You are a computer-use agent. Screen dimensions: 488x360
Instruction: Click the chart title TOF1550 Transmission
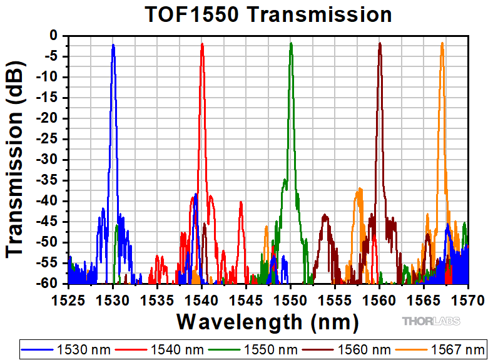coord(268,14)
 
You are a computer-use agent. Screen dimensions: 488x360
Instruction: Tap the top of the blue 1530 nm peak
coord(113,45)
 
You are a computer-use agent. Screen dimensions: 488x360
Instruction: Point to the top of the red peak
coord(202,44)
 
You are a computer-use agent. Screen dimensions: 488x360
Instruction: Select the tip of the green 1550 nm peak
coord(291,43)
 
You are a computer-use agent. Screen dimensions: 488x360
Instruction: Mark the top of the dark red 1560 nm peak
coord(380,43)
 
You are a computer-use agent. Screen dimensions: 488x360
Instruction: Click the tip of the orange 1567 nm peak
coord(442,43)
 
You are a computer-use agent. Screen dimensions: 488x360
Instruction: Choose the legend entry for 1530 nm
coord(66,350)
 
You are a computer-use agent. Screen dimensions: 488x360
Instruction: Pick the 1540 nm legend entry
coord(160,350)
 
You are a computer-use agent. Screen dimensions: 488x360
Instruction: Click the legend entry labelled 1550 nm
coord(253,350)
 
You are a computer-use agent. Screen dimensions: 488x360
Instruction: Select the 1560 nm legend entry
coord(347,350)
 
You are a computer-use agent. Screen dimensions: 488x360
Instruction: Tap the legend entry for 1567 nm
coord(440,350)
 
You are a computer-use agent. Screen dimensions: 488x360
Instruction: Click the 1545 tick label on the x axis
coord(246,301)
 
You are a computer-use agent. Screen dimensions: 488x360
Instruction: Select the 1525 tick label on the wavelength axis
coord(68,301)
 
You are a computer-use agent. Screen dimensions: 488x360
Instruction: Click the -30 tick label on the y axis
coord(48,160)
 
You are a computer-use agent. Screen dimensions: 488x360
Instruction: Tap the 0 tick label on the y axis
coord(54,36)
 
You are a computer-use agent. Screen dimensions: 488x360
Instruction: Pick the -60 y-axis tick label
coord(48,284)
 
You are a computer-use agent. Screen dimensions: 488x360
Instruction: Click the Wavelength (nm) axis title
coord(268,322)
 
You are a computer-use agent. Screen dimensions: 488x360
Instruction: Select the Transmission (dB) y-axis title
coord(14,160)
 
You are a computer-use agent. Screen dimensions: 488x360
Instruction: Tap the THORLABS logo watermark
coord(431,321)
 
